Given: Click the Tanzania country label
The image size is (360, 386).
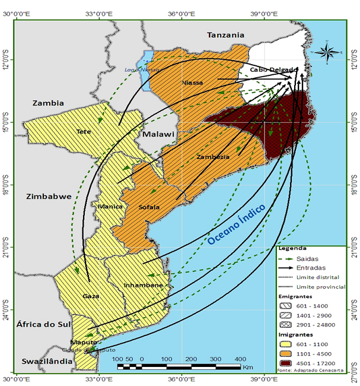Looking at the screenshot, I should click(x=225, y=35).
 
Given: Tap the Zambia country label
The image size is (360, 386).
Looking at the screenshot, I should click(x=48, y=103).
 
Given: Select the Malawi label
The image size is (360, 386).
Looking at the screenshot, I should click(x=158, y=134).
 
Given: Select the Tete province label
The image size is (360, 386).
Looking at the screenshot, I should click(x=84, y=131).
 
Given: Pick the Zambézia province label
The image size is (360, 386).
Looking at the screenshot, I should click(x=212, y=157).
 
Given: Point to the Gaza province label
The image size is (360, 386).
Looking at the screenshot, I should click(x=91, y=296).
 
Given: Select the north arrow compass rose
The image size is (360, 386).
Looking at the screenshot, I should click(x=325, y=52).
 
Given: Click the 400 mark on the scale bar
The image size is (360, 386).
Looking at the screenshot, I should click(x=240, y=359).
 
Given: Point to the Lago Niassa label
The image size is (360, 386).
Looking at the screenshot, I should click(x=138, y=69).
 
